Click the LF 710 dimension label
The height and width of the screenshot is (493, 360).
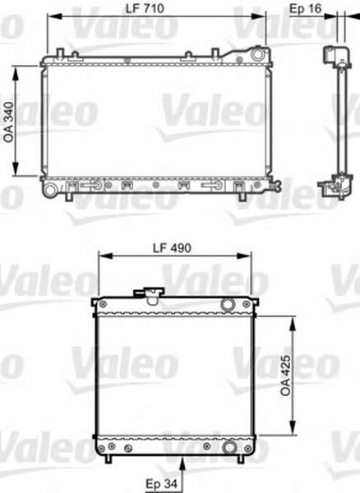pyautogui.click(x=145, y=8)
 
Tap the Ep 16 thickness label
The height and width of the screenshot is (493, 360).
pyautogui.click(x=305, y=8)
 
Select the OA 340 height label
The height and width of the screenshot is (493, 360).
pyautogui.click(x=9, y=122)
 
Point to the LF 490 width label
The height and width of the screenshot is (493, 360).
pyautogui.click(x=172, y=248)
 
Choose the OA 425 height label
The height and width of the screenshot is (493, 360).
pyautogui.click(x=286, y=376)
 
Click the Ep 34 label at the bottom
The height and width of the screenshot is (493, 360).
pyautogui.click(x=162, y=483)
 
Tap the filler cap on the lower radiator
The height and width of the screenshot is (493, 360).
pyautogui.click(x=150, y=295)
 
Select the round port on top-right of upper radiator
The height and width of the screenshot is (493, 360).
pyautogui.click(x=257, y=54)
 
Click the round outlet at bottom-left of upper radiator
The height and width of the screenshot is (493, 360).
pyautogui.click(x=49, y=190)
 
